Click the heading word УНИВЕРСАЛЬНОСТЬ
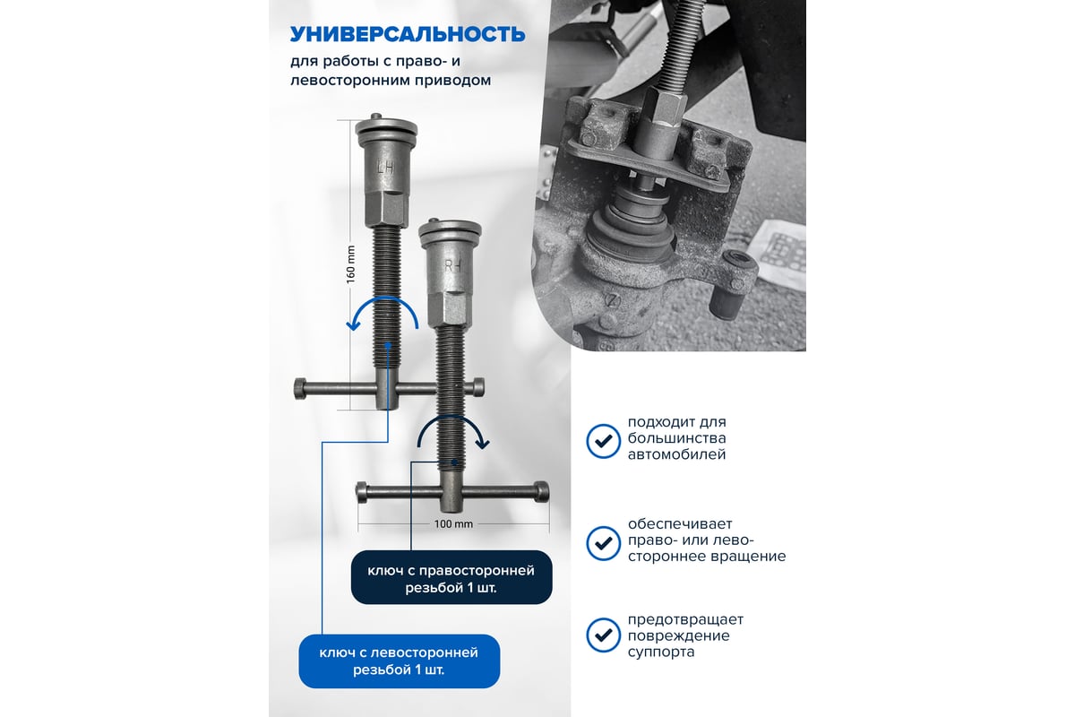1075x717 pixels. point(408,35)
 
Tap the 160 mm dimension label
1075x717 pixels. point(351,264)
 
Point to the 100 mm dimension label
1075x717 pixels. point(453,524)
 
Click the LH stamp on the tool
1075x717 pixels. point(386,167)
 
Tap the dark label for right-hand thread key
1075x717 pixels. point(451,577)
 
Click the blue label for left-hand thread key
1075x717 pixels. point(400,661)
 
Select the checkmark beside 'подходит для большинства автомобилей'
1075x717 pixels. point(603,441)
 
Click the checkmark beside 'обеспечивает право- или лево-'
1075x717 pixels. point(603,543)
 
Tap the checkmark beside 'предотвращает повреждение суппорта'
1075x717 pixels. point(603,635)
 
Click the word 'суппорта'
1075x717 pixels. point(661,652)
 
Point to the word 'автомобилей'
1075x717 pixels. point(676,454)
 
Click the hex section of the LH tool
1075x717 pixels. point(387,210)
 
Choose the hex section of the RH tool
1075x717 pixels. point(450,310)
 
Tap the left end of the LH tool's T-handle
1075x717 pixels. point(300,388)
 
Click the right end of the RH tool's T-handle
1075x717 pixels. point(542,492)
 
